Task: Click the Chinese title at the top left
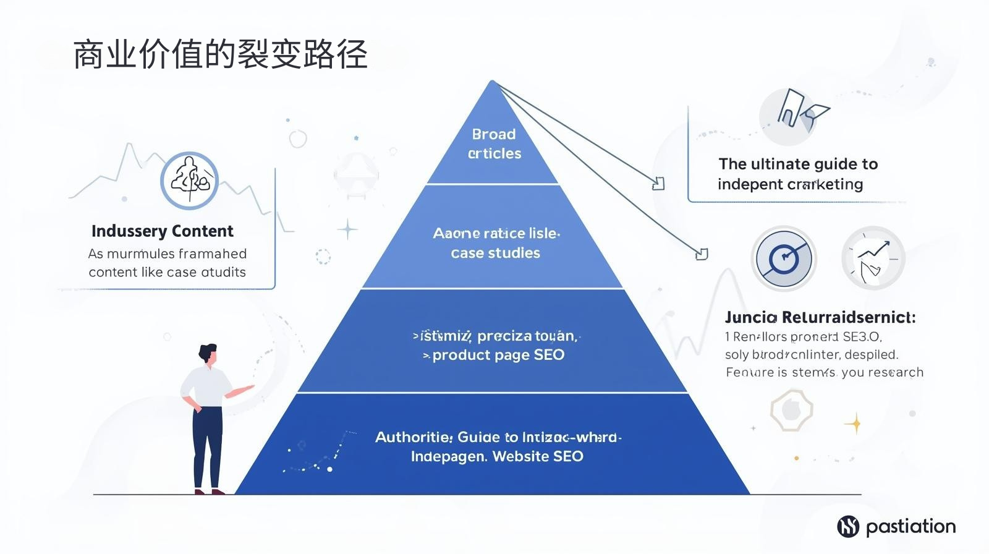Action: [220, 54]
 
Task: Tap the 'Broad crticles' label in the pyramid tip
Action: [494, 143]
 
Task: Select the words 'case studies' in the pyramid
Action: [495, 253]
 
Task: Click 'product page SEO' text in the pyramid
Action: [498, 355]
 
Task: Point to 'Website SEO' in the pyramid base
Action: [538, 456]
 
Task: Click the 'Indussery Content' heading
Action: [162, 231]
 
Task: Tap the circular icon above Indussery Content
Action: [190, 181]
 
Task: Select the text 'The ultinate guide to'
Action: [797, 164]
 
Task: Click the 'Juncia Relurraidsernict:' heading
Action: [820, 317]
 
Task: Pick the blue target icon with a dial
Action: [783, 258]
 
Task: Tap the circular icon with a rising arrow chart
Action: [873, 258]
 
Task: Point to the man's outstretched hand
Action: [248, 388]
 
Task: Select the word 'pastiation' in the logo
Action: [910, 526]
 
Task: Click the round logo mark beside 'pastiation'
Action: [848, 526]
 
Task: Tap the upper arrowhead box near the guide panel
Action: [658, 184]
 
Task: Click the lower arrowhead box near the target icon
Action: [702, 254]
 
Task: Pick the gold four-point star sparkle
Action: [855, 424]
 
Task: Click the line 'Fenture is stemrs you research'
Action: [824, 372]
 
